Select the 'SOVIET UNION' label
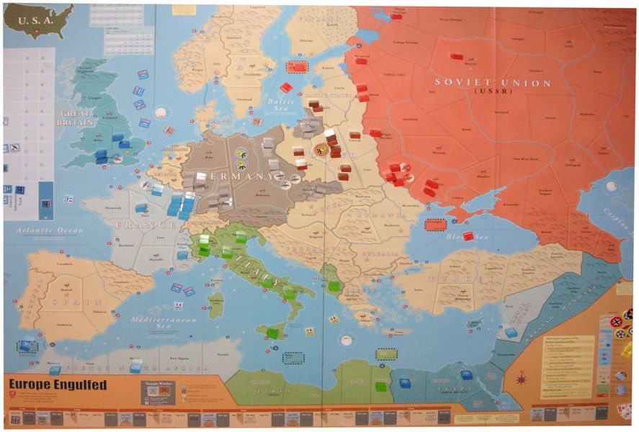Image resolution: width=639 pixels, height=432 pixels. click(x=492, y=83)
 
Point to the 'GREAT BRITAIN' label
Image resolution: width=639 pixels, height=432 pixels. click(x=76, y=118)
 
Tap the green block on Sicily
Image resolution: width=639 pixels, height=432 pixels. click(x=272, y=333)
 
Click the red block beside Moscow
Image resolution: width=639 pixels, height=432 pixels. click(x=456, y=56)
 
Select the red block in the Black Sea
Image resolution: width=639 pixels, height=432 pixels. click(x=468, y=235)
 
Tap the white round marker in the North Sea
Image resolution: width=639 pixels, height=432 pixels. click(x=161, y=112)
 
